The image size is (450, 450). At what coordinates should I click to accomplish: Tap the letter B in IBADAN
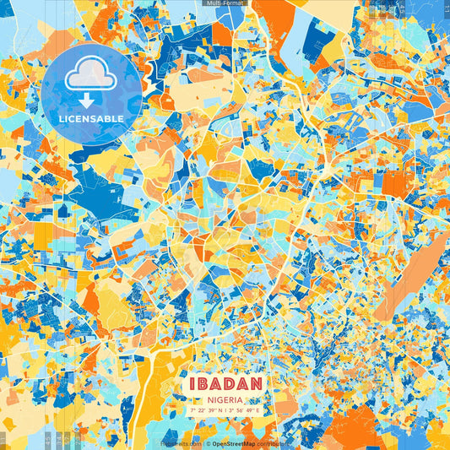200,382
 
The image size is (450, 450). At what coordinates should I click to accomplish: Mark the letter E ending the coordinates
260,409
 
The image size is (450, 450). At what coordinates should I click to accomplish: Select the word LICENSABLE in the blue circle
91,118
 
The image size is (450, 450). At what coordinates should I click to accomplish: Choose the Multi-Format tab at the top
224,3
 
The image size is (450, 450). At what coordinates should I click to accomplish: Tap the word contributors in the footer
271,442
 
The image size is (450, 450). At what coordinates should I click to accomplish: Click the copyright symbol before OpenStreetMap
208,442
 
